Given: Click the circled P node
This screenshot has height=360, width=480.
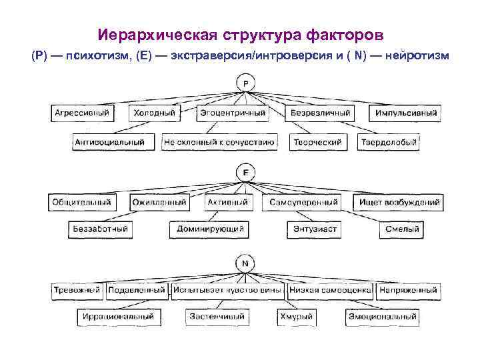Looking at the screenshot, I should (x=245, y=83).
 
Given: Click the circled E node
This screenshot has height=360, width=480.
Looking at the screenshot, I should (x=245, y=173).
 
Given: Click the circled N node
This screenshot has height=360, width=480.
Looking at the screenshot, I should (x=245, y=264).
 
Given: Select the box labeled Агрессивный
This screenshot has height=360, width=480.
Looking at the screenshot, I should (x=82, y=113).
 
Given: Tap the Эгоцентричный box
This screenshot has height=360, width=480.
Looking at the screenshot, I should (x=233, y=113).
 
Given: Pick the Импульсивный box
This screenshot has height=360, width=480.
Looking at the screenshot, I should (x=406, y=113).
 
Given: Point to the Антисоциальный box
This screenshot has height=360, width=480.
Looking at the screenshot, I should (x=110, y=142).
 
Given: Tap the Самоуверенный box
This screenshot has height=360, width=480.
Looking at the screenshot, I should (x=304, y=202).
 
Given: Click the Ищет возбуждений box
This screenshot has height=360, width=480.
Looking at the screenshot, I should (x=400, y=202).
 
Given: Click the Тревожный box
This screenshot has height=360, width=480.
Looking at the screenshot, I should (x=77, y=291).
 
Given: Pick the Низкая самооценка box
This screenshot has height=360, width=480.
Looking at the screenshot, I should (x=331, y=291).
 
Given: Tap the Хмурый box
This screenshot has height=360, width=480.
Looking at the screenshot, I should (x=297, y=317).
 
